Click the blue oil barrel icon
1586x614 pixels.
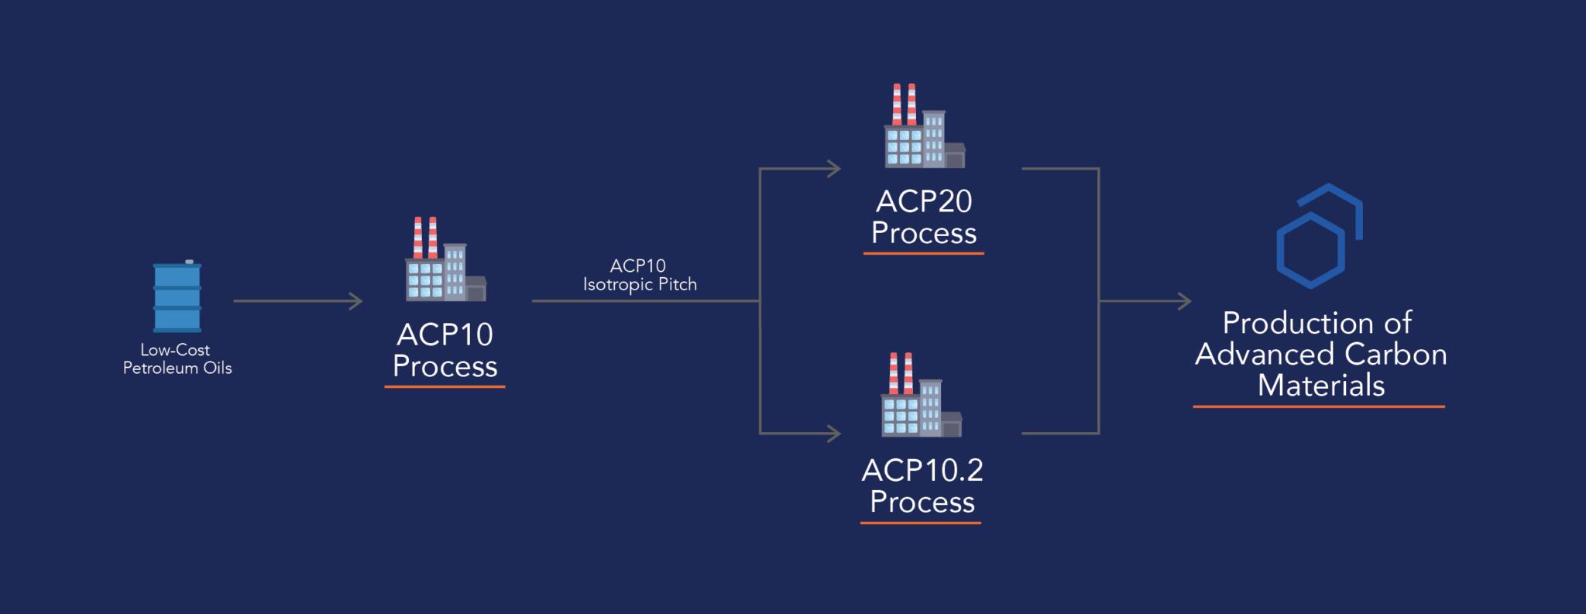point(177,297)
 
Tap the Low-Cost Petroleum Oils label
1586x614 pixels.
point(177,358)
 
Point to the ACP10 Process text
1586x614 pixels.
point(445,350)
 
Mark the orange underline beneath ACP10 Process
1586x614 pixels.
point(445,386)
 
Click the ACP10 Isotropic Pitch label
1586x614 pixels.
point(640,275)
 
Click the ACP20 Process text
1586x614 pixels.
point(924,217)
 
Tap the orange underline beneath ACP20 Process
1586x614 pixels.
point(923,253)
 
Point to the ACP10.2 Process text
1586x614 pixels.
point(922,485)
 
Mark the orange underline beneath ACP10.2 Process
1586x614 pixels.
point(921,523)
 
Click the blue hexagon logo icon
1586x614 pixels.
point(1318,236)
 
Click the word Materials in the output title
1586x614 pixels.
point(1320,386)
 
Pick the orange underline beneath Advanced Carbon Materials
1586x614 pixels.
point(1318,406)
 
